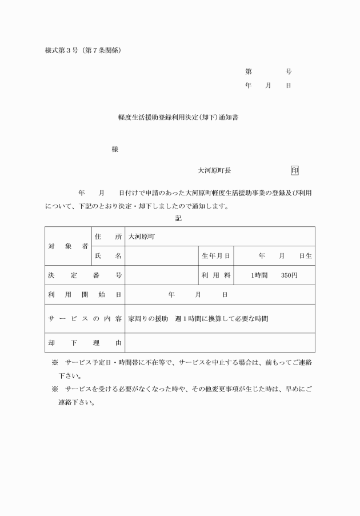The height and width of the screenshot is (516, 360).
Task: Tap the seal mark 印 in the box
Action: (294, 170)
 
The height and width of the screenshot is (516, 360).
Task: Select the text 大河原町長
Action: (214, 170)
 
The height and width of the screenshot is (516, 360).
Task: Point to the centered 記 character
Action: (178, 218)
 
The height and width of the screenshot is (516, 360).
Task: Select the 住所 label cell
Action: (108, 236)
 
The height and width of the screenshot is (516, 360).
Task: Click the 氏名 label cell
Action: (108, 256)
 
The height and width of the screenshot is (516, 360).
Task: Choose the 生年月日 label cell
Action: (215, 256)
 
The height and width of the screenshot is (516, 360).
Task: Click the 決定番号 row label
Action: (85, 275)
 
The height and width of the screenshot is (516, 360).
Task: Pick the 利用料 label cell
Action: (215, 275)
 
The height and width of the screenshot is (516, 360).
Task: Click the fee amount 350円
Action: (289, 275)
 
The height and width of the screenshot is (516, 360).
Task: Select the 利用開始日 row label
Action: (85, 295)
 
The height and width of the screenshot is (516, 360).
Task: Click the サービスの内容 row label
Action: (85, 319)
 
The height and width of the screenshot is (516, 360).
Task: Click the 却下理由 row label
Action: (85, 343)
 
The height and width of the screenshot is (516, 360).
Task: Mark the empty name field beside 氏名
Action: (161, 256)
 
